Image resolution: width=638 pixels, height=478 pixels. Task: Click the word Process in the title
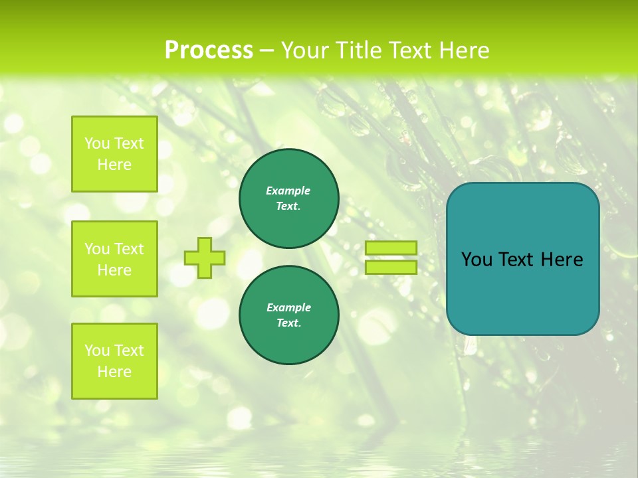tap(209, 50)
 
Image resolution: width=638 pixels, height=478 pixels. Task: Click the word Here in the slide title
tap(464, 50)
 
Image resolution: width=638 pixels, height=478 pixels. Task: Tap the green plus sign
tap(205, 258)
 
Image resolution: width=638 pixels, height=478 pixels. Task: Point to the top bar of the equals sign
tap(391, 248)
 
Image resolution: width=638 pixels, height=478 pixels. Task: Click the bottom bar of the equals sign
tap(391, 268)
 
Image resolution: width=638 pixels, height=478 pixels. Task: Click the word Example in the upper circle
tap(288, 191)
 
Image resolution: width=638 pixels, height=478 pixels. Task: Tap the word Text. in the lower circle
tap(288, 323)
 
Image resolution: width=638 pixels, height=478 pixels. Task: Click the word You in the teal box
tap(477, 260)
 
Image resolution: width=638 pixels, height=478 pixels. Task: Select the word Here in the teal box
tap(562, 260)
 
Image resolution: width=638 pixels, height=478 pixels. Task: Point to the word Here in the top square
tap(114, 165)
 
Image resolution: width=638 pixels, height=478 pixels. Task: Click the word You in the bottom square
tap(98, 351)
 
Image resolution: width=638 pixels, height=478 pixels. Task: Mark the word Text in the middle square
tap(129, 249)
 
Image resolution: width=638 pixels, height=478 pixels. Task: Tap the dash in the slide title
tap(266, 51)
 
